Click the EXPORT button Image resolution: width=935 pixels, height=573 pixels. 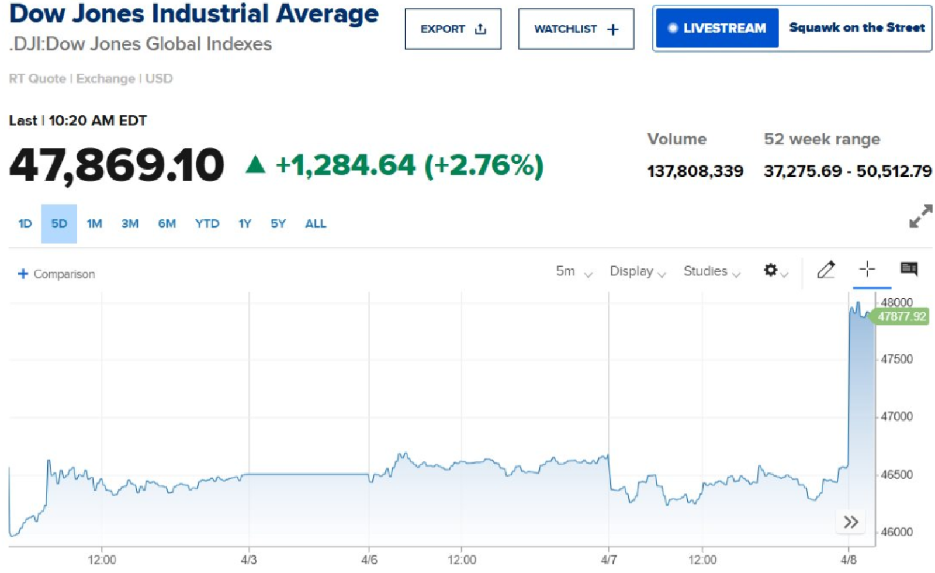point(453,29)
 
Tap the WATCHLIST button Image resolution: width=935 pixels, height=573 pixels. point(576,29)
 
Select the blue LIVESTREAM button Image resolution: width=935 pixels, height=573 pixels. point(717,28)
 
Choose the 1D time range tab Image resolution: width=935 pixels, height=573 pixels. point(25,223)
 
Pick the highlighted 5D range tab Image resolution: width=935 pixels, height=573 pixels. point(59,223)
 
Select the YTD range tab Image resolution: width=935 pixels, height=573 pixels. point(207,223)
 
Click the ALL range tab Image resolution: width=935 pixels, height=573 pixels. point(316,223)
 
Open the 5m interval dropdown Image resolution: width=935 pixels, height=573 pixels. point(573,271)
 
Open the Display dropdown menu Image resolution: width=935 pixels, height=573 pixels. point(637,271)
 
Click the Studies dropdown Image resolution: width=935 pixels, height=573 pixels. point(711,271)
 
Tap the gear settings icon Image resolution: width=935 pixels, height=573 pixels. point(771,270)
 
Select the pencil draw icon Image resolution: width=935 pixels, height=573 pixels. point(826,270)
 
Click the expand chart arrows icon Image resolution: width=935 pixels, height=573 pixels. point(920,216)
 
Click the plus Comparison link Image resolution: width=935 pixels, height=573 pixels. point(57,274)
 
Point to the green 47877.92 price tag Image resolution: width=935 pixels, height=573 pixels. point(901,316)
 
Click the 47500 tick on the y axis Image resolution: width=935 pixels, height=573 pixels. point(896,359)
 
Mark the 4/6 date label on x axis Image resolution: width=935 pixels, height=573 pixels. point(369,560)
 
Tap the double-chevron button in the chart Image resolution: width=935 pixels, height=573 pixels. point(851,522)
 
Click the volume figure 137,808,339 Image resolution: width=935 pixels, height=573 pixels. point(695,171)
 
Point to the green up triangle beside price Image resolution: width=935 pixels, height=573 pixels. point(255,165)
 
